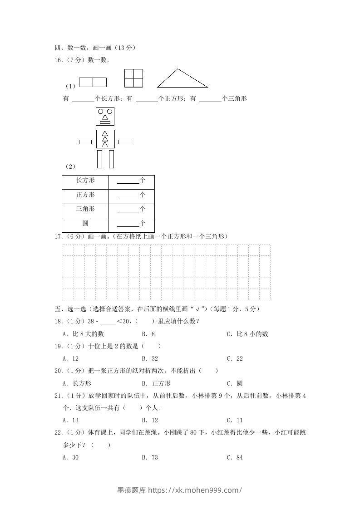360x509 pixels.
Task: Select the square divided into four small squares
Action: click(x=133, y=78)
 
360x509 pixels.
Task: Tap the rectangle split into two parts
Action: click(x=93, y=82)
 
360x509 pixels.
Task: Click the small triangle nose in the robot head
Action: click(x=105, y=117)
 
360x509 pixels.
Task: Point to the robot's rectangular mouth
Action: click(x=105, y=122)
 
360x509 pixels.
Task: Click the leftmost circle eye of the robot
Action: click(x=101, y=111)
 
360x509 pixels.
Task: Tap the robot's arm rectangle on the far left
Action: click(x=85, y=142)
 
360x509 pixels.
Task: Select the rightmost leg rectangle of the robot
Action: click(x=111, y=159)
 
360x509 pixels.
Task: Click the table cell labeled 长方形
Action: click(x=85, y=181)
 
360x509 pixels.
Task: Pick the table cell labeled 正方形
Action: click(x=85, y=195)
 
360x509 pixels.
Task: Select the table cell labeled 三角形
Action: click(x=85, y=209)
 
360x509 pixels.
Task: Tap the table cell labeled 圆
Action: click(x=85, y=224)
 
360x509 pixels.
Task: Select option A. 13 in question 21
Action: click(x=71, y=421)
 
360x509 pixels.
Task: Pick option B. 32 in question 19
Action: click(x=150, y=358)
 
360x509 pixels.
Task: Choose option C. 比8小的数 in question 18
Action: click(x=247, y=334)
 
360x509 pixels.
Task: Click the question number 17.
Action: click(x=58, y=236)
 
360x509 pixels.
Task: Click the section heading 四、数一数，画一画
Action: click(x=95, y=47)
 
